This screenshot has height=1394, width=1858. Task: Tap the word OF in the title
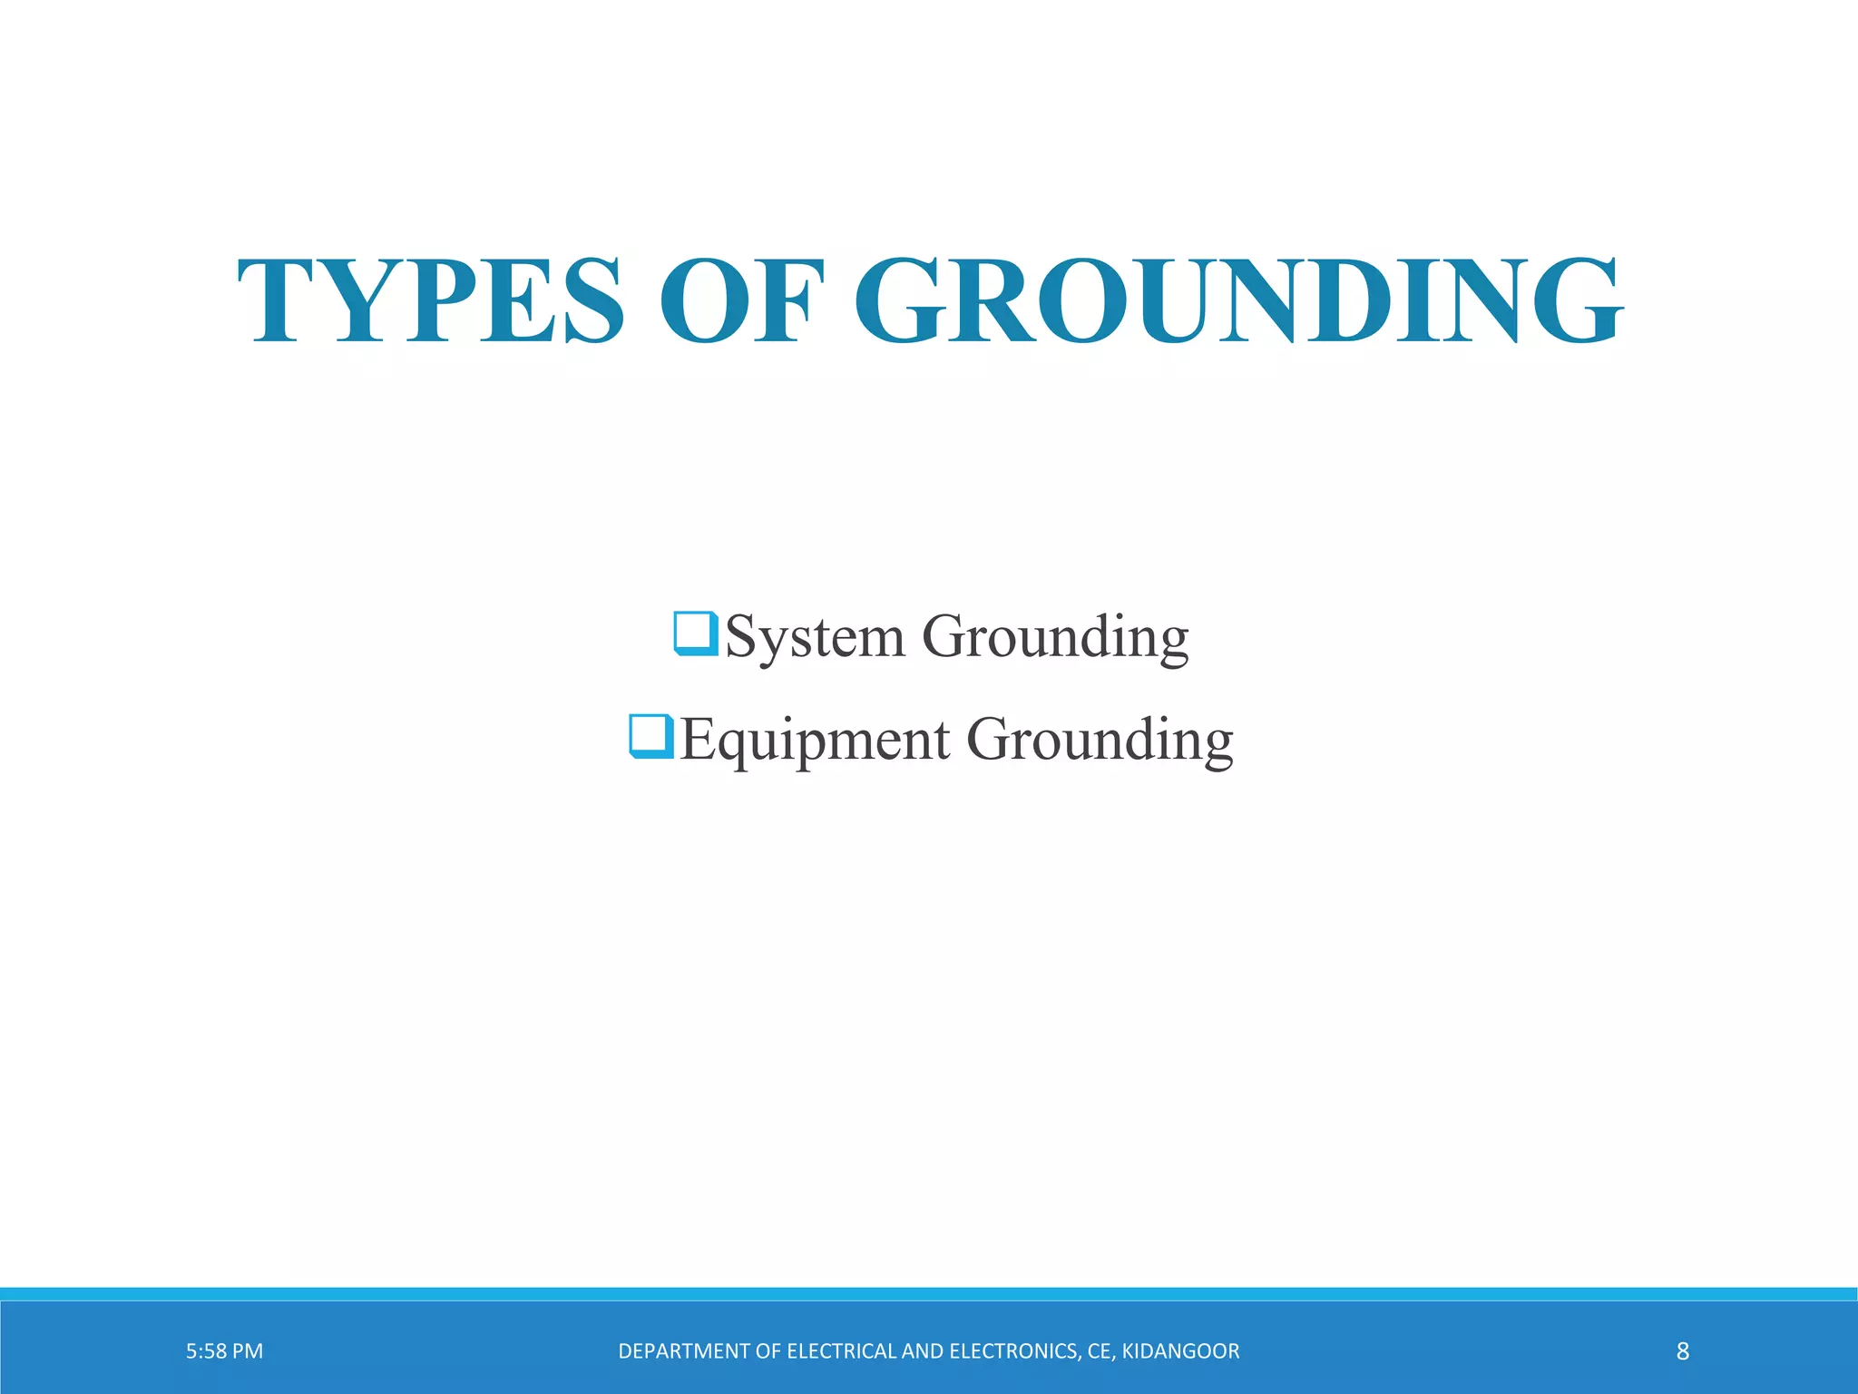click(x=741, y=300)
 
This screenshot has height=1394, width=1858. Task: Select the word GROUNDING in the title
click(x=1238, y=300)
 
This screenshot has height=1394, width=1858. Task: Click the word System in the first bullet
click(x=815, y=637)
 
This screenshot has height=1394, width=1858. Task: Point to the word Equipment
click(x=815, y=741)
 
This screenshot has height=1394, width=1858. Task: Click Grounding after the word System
click(x=1055, y=637)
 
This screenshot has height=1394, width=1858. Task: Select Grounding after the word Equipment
click(x=1100, y=741)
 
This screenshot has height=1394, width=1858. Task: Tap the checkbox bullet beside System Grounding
click(x=696, y=633)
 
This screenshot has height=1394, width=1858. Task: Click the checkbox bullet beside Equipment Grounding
click(x=650, y=736)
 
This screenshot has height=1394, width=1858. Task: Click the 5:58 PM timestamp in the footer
click(x=224, y=1351)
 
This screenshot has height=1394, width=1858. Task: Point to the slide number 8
click(x=1682, y=1351)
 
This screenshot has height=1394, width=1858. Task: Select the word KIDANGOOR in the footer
click(x=1180, y=1351)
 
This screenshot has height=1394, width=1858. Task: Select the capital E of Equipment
click(x=697, y=739)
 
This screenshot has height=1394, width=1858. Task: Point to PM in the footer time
click(x=247, y=1351)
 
